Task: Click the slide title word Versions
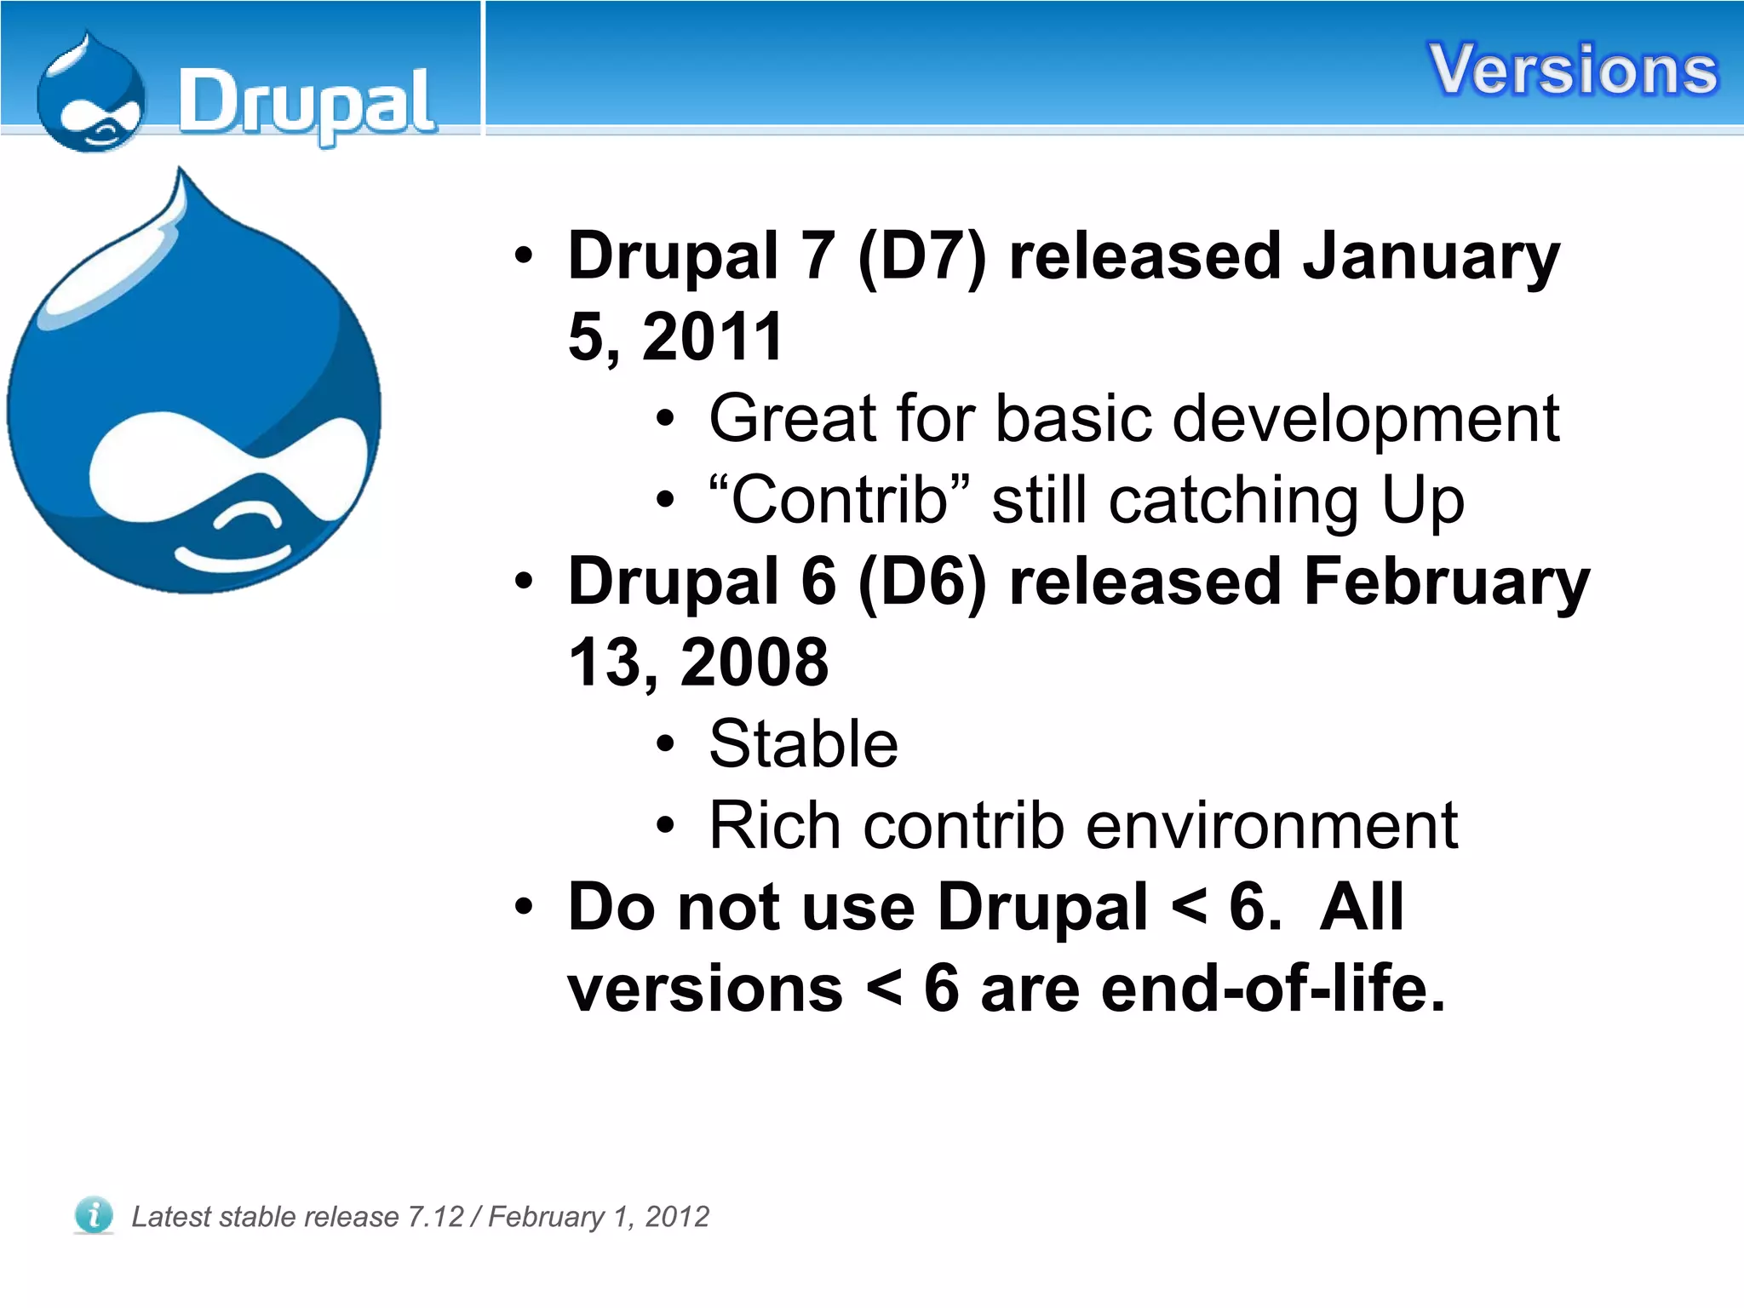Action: [1573, 70]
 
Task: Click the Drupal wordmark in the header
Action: [307, 104]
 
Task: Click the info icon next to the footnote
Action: [93, 1214]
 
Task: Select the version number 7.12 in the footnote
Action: [435, 1217]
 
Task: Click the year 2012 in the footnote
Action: [676, 1217]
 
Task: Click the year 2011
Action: [712, 337]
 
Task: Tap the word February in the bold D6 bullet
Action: [1446, 582]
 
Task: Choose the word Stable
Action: [803, 744]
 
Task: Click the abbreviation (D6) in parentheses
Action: [921, 582]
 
